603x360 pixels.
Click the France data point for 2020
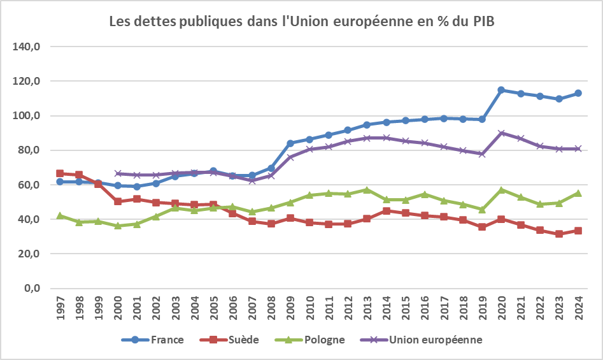tap(501, 90)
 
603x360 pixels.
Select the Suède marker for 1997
tap(60, 173)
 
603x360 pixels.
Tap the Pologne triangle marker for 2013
tap(367, 189)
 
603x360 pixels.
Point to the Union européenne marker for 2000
tap(117, 173)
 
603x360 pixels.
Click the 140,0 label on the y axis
tap(28, 47)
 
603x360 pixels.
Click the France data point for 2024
tap(578, 93)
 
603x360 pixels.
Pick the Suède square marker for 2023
tap(559, 234)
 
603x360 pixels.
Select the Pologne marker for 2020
tap(501, 189)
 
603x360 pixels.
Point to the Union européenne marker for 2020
tap(501, 133)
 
